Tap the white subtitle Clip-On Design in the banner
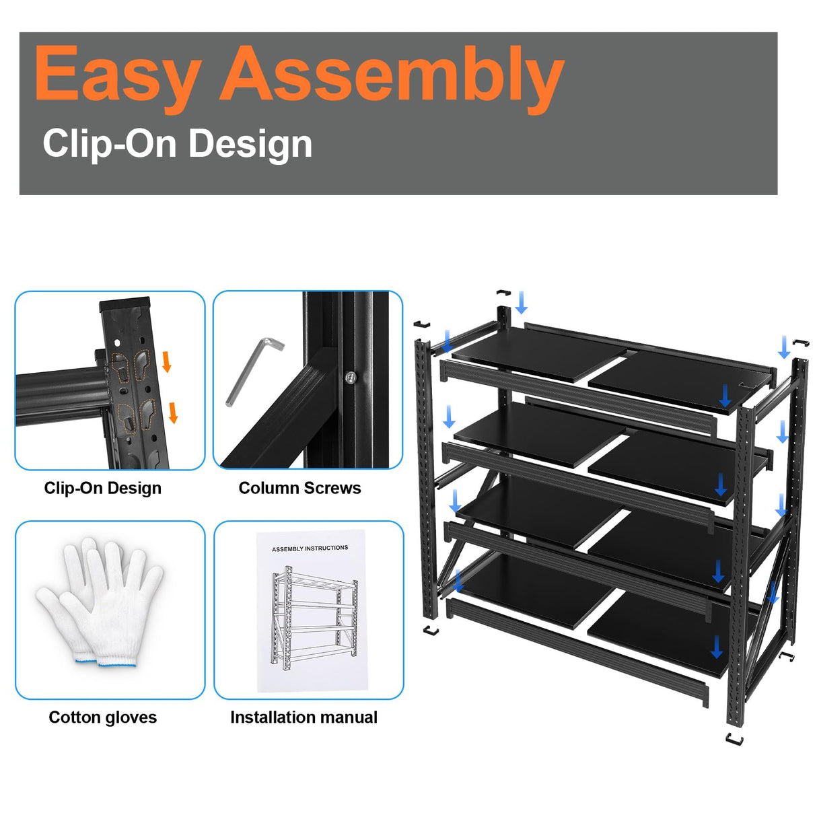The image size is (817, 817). pos(178,143)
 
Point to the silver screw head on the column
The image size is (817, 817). pos(350,378)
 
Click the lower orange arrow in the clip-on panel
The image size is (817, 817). pos(173,413)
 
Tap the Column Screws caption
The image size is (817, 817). pos(299,488)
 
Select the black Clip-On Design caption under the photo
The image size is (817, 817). pos(102,488)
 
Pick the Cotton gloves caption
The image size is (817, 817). pos(102,717)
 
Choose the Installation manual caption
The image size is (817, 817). pos(304,717)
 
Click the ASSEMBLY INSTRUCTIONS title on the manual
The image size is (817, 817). pos(310,548)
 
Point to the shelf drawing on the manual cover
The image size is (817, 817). pos(314,616)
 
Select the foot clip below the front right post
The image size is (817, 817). pos(735,740)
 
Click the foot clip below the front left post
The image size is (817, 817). pos(431,631)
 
